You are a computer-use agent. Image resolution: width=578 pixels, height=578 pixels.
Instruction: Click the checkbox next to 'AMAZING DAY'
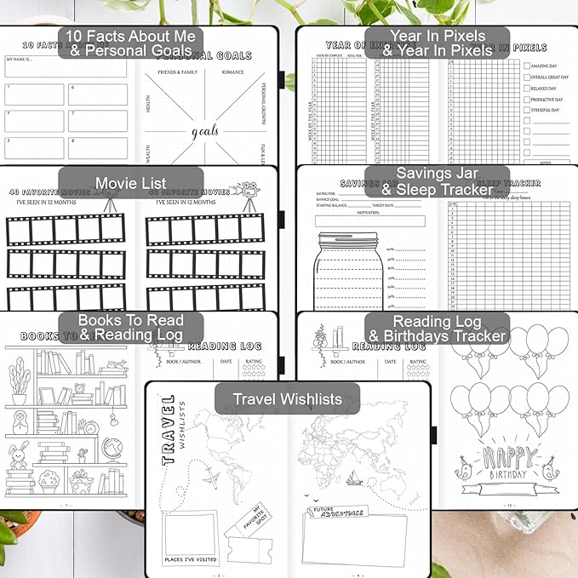click(528, 64)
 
